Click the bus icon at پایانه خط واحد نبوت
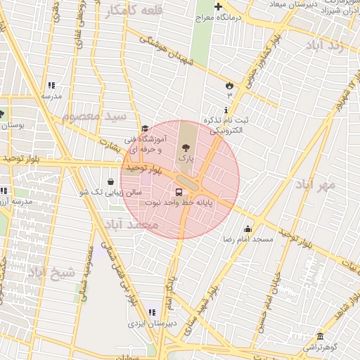click(179, 191)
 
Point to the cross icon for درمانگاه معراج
click(219, 7)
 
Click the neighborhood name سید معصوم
click(94, 116)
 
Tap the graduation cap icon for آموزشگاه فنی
click(145, 129)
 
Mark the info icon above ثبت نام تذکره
click(225, 110)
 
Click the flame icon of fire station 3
click(229, 85)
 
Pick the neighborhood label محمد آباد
click(132, 224)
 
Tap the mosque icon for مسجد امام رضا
click(247, 229)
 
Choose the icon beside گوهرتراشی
click(320, 337)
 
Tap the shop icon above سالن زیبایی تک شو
click(111, 181)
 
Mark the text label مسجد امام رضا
click(247, 240)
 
